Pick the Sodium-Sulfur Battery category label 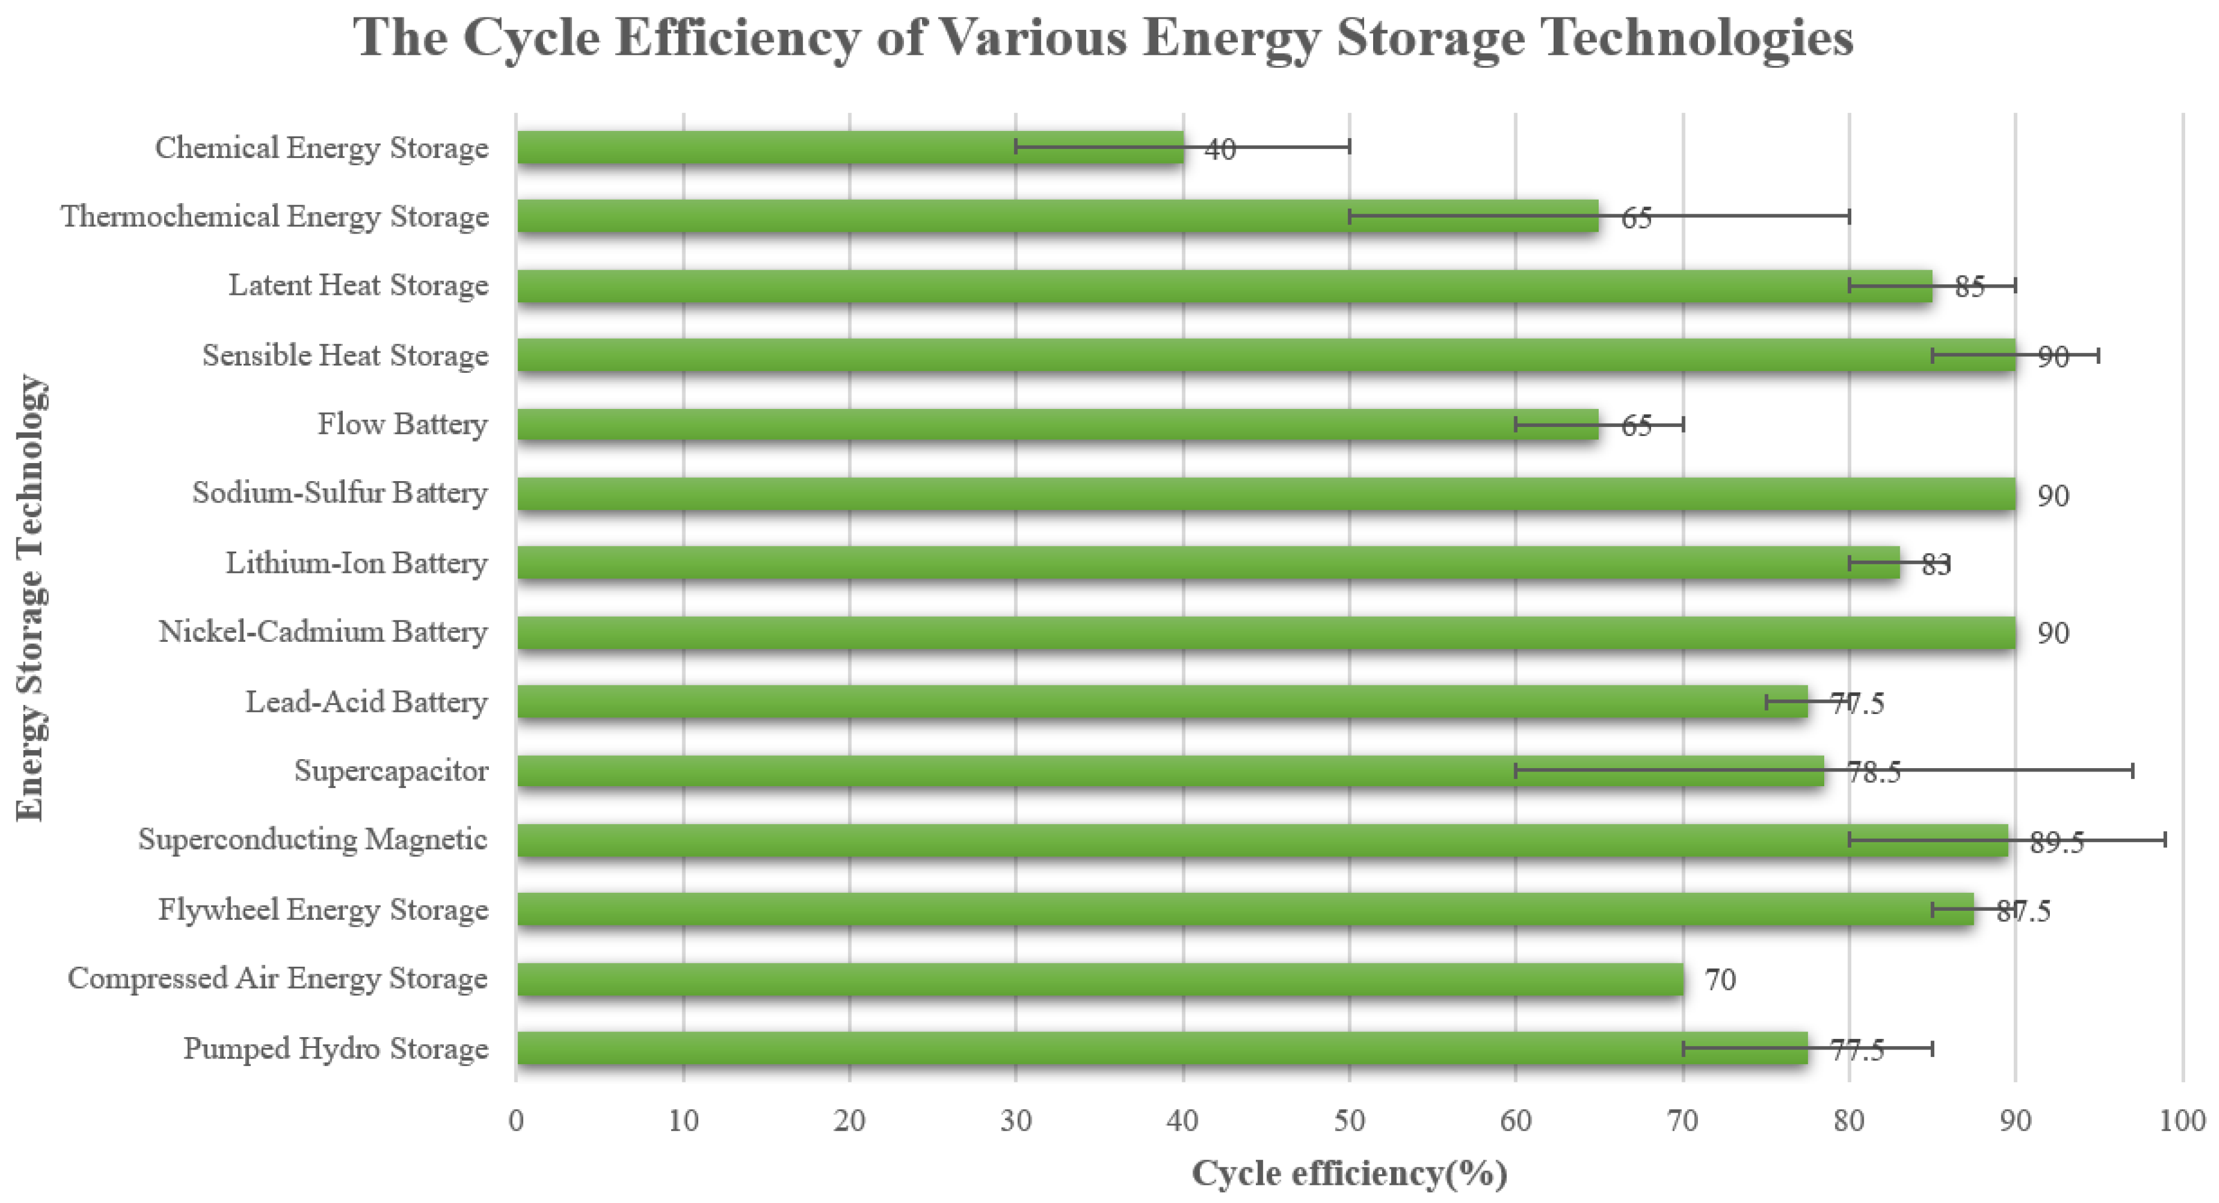339,493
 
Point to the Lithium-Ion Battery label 356,563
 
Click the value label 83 1935,565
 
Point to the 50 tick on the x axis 1349,1121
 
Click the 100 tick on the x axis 2182,1121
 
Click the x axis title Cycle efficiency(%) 1349,1174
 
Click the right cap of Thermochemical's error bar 1849,217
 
